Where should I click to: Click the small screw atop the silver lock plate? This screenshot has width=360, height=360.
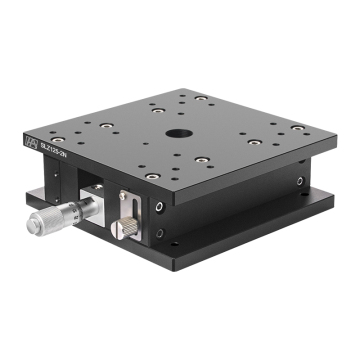click(x=123, y=195)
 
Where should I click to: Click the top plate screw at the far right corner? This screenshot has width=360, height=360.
click(x=297, y=128)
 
